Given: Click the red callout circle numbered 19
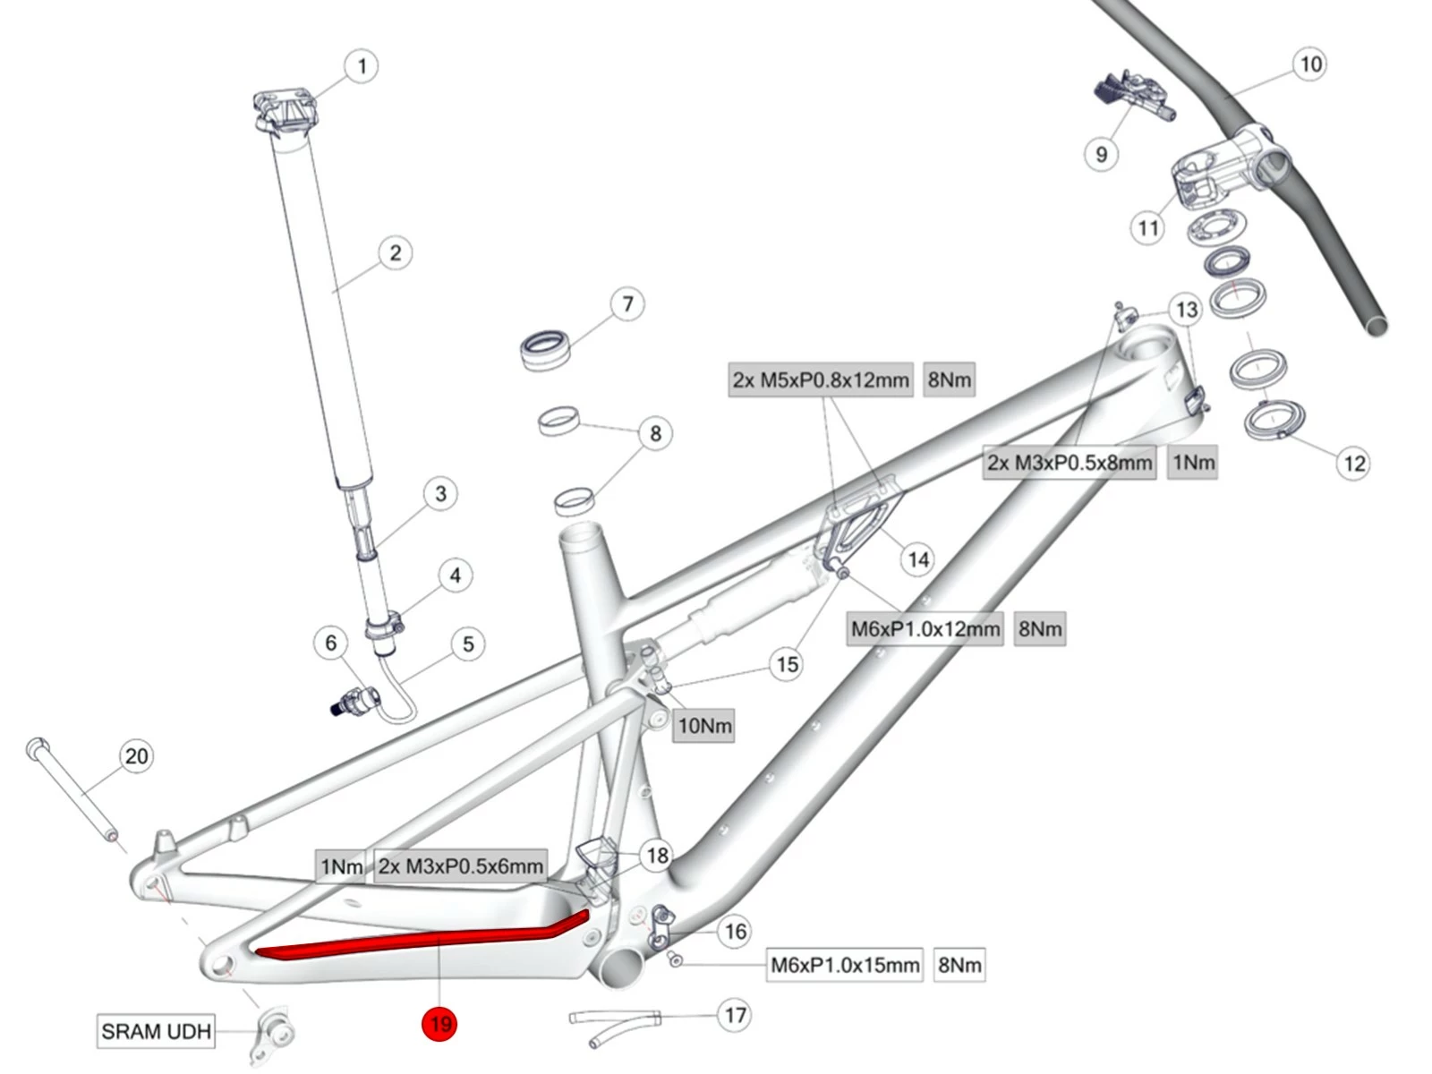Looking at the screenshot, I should click(439, 1023).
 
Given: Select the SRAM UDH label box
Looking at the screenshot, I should click(156, 1031).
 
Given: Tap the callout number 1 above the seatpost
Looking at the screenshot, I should click(362, 66).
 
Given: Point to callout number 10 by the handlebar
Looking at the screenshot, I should click(1310, 64).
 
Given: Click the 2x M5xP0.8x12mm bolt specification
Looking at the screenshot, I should click(820, 380).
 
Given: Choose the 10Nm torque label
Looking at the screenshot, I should click(704, 726).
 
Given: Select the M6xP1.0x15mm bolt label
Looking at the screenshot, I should click(844, 965).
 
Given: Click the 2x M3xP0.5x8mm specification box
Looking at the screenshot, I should click(1070, 463).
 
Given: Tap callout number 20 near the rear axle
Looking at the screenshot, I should click(136, 756).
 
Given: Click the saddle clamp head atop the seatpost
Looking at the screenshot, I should click(285, 112).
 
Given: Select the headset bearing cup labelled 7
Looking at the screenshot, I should click(546, 349).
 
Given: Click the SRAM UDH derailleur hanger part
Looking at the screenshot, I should click(274, 1035).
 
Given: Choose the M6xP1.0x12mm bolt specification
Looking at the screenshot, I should click(925, 629).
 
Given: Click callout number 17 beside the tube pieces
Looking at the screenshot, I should click(735, 1015).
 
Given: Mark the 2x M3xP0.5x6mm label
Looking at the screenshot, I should click(460, 866).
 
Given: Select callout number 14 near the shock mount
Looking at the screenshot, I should click(918, 560).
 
